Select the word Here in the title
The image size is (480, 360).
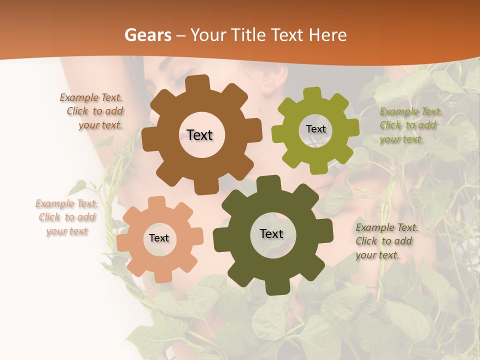pos(328,35)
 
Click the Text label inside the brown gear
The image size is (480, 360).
pos(199,135)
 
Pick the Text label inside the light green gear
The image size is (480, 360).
pos(315,129)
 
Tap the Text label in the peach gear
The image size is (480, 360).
pos(159,238)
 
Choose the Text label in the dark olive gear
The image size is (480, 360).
pos(271,233)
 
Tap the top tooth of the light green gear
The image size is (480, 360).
pos(312,93)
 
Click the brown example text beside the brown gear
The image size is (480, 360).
pos(95,111)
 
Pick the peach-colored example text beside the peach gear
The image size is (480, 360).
pos(67,217)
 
